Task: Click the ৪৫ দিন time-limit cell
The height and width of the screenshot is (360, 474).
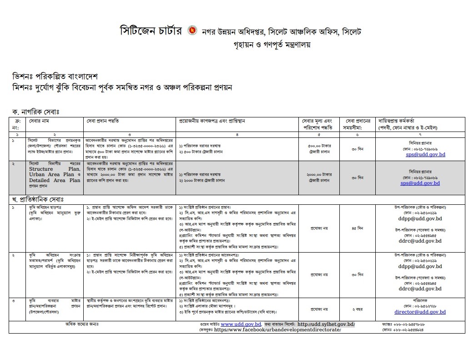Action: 357,228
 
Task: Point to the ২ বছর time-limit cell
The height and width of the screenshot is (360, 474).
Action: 357,309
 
